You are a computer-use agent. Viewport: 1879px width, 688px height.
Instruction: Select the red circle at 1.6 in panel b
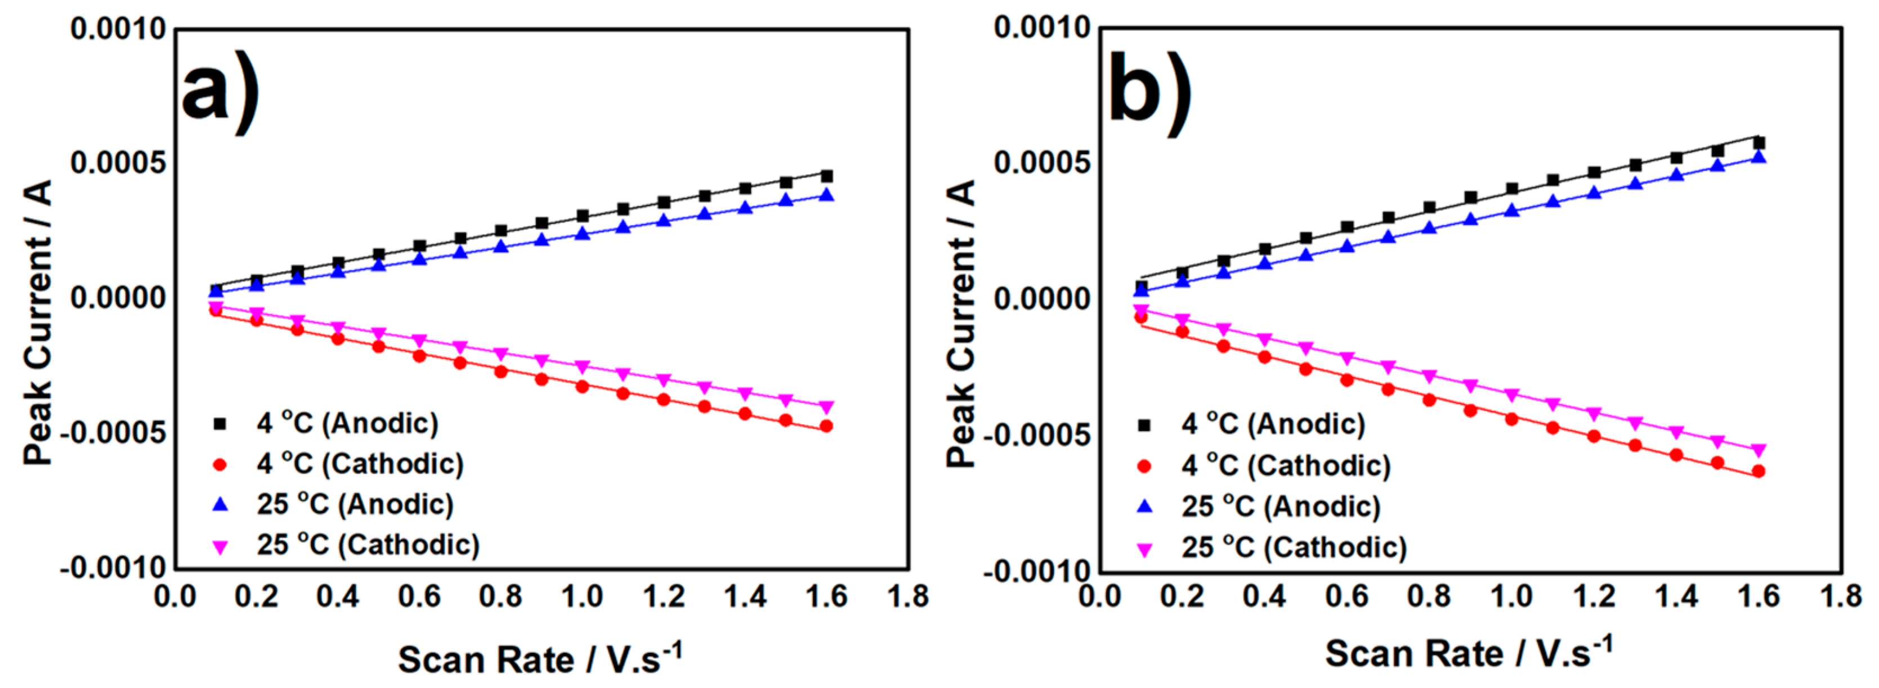(1759, 471)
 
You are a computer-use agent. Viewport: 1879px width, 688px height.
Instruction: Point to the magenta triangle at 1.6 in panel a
(826, 407)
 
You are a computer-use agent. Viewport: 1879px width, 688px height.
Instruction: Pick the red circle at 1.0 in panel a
(582, 386)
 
